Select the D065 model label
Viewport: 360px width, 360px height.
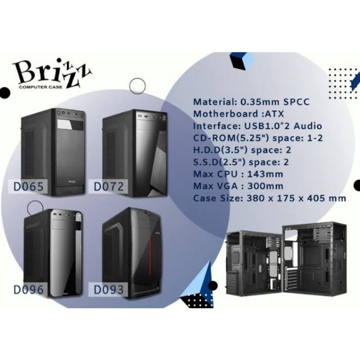pyautogui.click(x=28, y=186)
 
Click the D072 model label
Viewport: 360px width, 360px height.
pyautogui.click(x=108, y=185)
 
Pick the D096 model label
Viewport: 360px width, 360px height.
pyautogui.click(x=28, y=289)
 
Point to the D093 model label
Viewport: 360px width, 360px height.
pyautogui.click(x=108, y=289)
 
